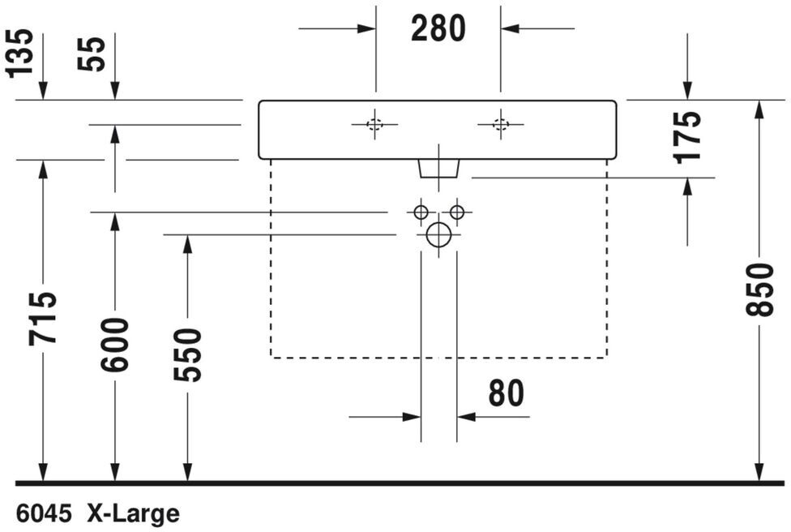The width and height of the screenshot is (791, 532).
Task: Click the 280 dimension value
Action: pyautogui.click(x=438, y=29)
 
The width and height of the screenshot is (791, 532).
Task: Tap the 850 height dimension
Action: pyautogui.click(x=759, y=289)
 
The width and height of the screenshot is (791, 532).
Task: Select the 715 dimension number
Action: pyautogui.click(x=42, y=318)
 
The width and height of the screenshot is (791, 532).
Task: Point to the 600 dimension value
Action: pyautogui.click(x=114, y=345)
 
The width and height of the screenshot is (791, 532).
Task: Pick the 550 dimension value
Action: pyautogui.click(x=187, y=354)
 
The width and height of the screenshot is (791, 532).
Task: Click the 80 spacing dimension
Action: pyautogui.click(x=506, y=393)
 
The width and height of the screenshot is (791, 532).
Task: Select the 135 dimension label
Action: pyautogui.click(x=21, y=52)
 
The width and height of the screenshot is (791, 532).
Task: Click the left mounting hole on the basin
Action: pyautogui.click(x=374, y=124)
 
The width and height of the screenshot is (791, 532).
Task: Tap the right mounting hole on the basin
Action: pyautogui.click(x=500, y=124)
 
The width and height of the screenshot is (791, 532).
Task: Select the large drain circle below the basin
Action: pyautogui.click(x=438, y=235)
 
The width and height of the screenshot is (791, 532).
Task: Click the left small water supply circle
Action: pyautogui.click(x=420, y=212)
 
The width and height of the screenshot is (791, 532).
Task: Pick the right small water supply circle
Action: pyautogui.click(x=457, y=212)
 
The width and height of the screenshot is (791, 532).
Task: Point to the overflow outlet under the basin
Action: pyautogui.click(x=438, y=168)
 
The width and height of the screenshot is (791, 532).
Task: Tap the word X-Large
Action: pyautogui.click(x=134, y=513)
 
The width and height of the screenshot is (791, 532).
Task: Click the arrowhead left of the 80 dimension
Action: pyautogui.click(x=412, y=417)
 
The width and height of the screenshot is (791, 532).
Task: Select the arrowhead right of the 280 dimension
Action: pyautogui.click(x=510, y=29)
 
